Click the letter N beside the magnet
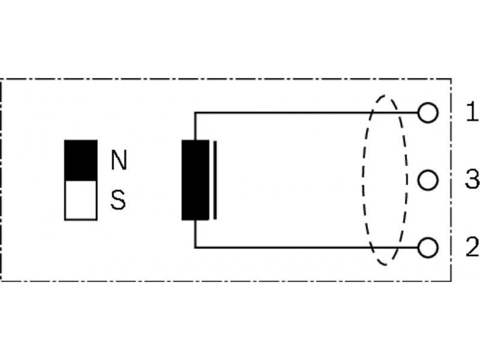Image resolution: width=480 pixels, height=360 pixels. [x=119, y=160]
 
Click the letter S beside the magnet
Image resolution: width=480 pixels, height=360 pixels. [x=118, y=200]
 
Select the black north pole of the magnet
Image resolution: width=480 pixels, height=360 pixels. [x=81, y=160]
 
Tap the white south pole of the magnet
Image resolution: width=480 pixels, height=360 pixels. [x=81, y=200]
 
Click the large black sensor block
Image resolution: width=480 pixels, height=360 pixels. [x=196, y=180]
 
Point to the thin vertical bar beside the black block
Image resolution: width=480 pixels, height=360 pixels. [x=215, y=180]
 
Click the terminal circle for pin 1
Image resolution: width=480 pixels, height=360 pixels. [x=428, y=113]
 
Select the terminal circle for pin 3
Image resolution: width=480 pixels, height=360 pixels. [x=428, y=180]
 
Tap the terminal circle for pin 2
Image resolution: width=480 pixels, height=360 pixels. [x=428, y=247]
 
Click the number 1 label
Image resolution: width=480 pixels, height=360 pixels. [x=472, y=112]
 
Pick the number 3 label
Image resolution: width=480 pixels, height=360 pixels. [x=472, y=179]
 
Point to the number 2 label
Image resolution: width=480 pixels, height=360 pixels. [x=472, y=247]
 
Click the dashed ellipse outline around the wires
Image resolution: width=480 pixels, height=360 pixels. [x=364, y=180]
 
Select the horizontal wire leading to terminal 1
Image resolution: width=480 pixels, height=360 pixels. [x=306, y=113]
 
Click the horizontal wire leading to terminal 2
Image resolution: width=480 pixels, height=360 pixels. [x=306, y=247]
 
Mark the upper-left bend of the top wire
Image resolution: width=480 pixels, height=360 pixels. [x=195, y=113]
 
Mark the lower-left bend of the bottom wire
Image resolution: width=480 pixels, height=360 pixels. [x=195, y=247]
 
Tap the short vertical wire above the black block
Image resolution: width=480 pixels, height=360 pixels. [x=195, y=127]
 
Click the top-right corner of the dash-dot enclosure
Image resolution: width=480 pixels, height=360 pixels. [x=451, y=79]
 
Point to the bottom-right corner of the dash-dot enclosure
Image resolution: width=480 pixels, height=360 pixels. [x=451, y=280]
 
